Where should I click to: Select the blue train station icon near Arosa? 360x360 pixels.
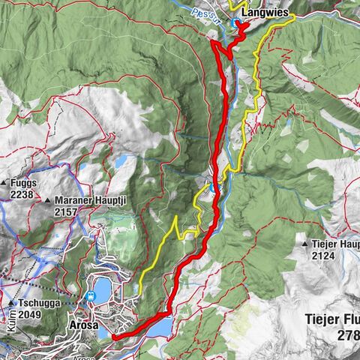(x=91, y=295)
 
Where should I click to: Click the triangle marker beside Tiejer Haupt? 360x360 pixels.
(x=304, y=244)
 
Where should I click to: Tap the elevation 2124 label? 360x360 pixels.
(x=324, y=255)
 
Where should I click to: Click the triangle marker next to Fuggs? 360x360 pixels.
(x=5, y=183)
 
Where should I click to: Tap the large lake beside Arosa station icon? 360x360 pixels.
(x=100, y=286)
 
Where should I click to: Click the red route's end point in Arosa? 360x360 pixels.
(x=114, y=337)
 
